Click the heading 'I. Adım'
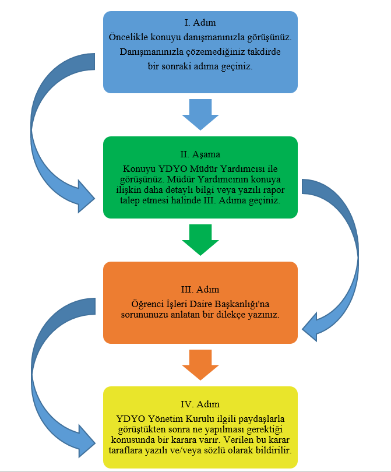coord(200,23)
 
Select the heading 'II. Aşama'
coord(200,154)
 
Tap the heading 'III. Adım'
coord(200,289)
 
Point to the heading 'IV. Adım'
coord(200,404)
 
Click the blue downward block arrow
coord(200,114)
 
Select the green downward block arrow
coord(200,239)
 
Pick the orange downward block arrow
coord(200,365)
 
